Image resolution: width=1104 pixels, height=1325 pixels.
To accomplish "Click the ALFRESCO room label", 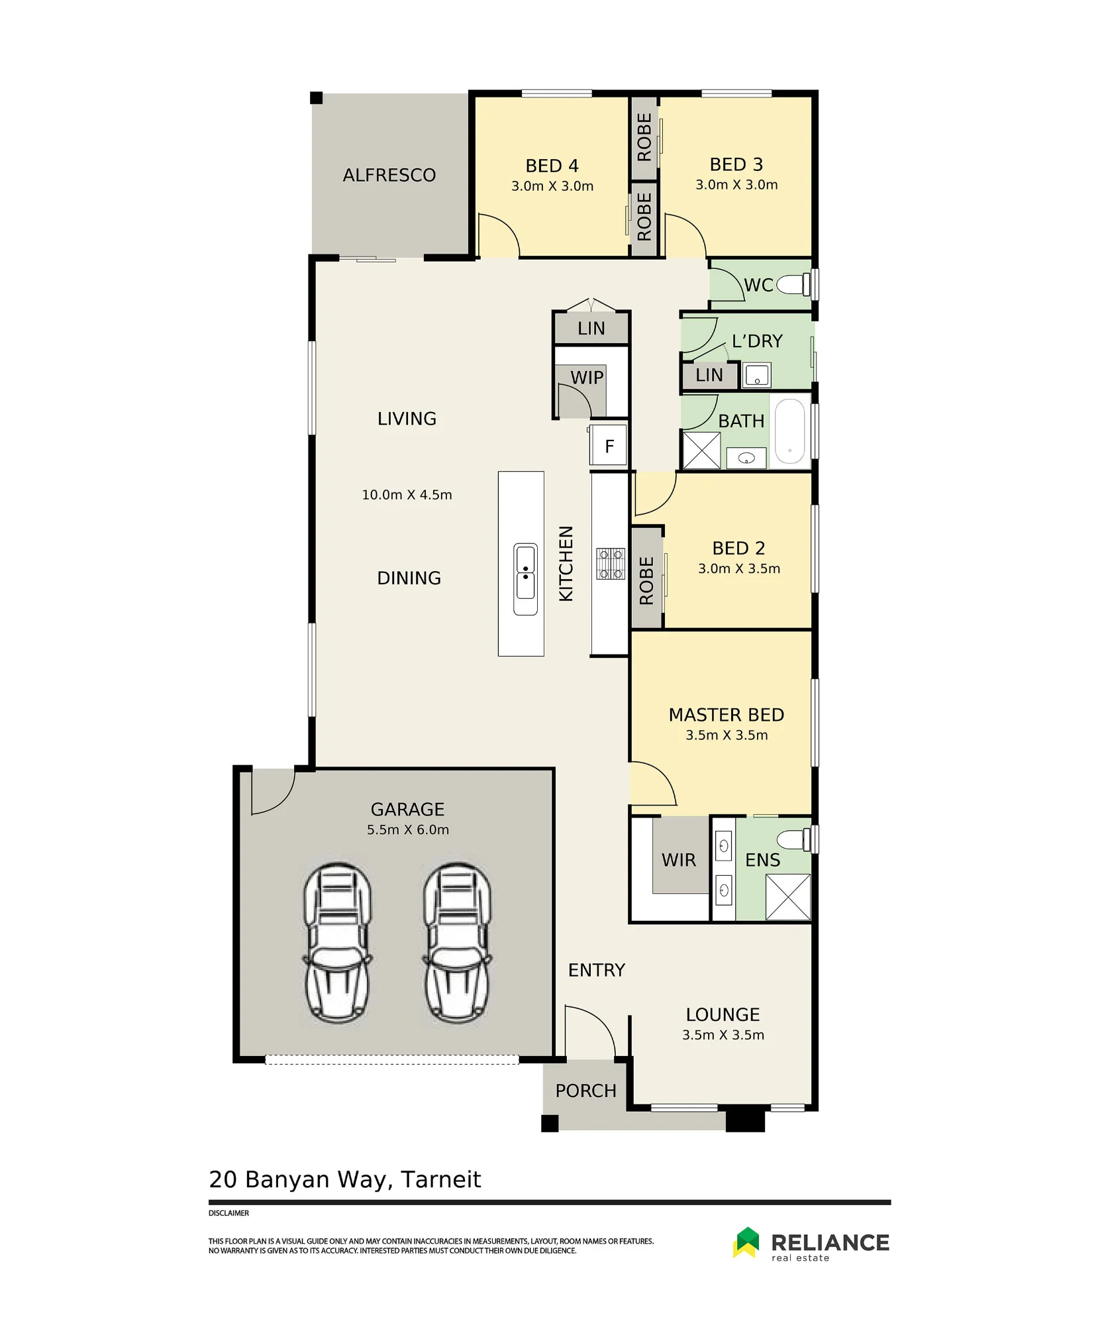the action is coord(389,175).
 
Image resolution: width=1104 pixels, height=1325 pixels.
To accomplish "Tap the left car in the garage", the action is coord(338,943).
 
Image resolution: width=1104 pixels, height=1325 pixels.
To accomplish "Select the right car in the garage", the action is coord(457,943).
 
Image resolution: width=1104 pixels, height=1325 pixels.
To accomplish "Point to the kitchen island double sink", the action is coord(526,580).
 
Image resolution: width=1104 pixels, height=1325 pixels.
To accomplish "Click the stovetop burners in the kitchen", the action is coord(611,564).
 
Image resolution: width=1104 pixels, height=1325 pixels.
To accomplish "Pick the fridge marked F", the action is coord(609,446).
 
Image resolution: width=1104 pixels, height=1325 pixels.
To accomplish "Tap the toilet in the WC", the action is coord(793,285).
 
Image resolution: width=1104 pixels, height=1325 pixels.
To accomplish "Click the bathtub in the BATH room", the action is coord(789,431).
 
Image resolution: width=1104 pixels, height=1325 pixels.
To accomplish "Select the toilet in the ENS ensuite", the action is coord(793,840).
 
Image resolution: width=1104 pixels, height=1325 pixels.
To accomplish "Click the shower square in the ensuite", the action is coord(788,897).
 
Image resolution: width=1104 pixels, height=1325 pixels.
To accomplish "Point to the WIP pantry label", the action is coord(587,378).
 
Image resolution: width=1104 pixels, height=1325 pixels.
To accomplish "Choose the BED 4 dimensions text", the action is coord(552,186).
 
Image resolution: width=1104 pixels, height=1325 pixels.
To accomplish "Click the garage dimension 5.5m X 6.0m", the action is coord(408,829).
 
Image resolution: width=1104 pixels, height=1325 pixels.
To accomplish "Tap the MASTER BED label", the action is coord(727,715).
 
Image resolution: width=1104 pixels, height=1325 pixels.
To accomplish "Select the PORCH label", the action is coord(586,1090).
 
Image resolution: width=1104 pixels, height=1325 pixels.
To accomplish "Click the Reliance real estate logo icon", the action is coord(746,1242).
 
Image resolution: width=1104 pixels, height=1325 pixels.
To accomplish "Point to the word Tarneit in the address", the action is coord(441,1180).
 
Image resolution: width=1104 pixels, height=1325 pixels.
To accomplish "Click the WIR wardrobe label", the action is coord(679,860).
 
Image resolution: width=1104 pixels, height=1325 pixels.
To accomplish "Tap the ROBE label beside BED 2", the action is coord(646,580).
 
